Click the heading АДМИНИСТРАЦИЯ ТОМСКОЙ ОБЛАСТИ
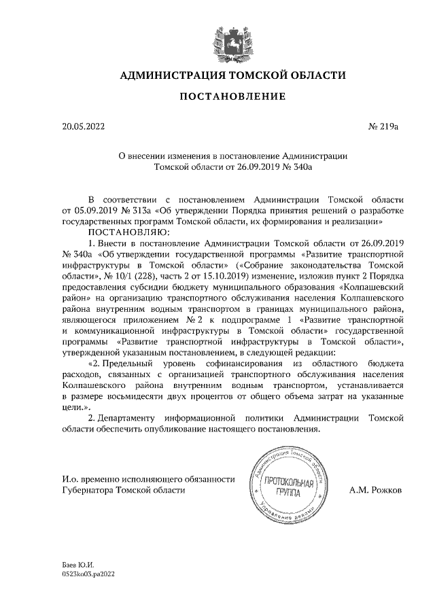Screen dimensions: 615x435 pyautogui.click(x=228, y=75)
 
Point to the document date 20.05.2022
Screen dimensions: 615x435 pyautogui.click(x=82, y=126)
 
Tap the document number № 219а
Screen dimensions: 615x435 pyautogui.click(x=383, y=126)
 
